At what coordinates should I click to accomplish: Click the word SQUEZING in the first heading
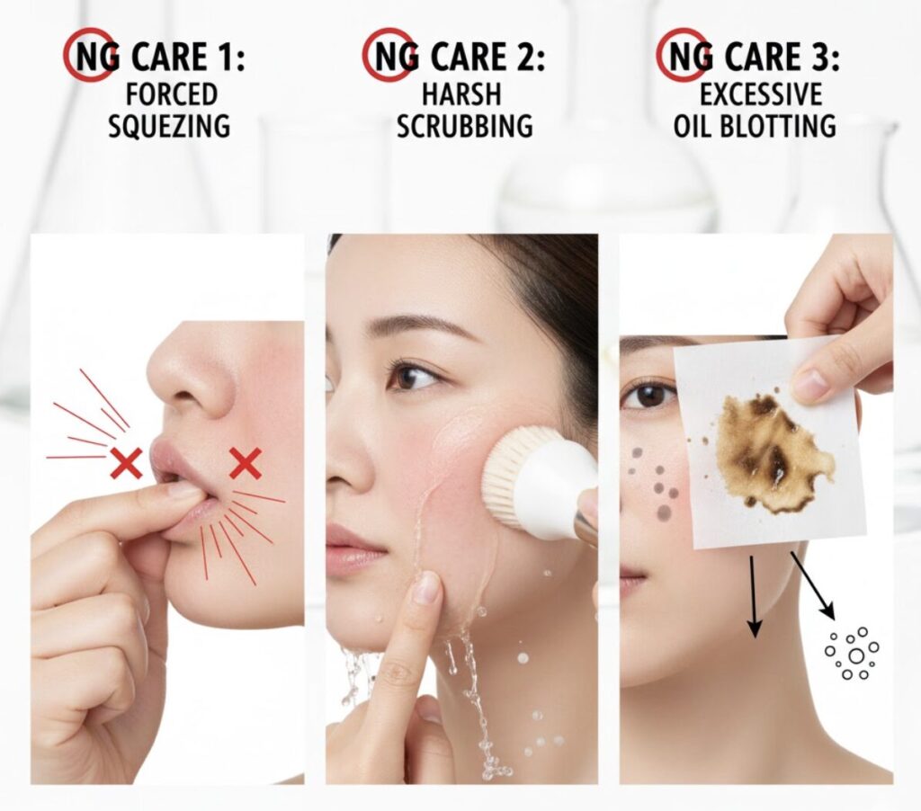tap(169, 126)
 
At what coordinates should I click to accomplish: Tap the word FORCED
tap(172, 94)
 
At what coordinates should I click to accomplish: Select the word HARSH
tap(461, 94)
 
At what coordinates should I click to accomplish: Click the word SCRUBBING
tap(465, 126)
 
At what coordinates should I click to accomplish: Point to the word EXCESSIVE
tap(761, 94)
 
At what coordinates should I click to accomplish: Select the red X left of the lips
tap(127, 462)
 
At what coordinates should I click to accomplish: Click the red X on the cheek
tap(246, 463)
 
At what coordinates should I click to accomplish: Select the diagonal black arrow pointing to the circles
tap(813, 585)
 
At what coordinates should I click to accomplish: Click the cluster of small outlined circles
tap(852, 654)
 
